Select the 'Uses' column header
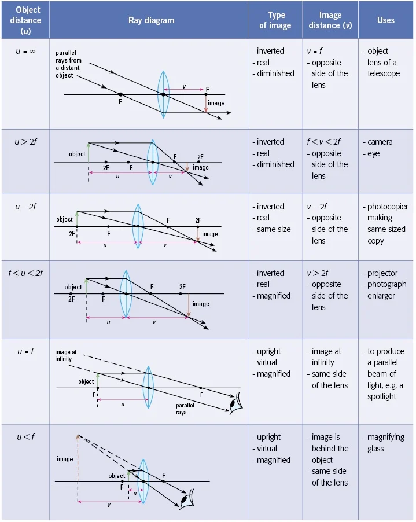coord(385,20)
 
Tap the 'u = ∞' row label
coord(25,51)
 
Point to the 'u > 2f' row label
coord(25,142)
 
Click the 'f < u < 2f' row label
coord(25,273)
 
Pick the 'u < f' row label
coord(25,437)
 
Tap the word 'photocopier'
coord(388,207)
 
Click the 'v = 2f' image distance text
coord(317,207)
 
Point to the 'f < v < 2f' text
coord(323,142)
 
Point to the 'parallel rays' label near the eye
coord(185,409)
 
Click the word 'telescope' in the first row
coord(384,73)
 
